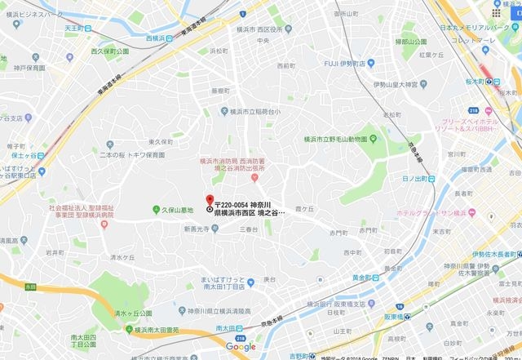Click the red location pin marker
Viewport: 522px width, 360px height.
coord(210,202)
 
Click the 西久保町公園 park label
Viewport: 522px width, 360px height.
coord(110,52)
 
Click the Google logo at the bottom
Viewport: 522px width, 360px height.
coord(241,347)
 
